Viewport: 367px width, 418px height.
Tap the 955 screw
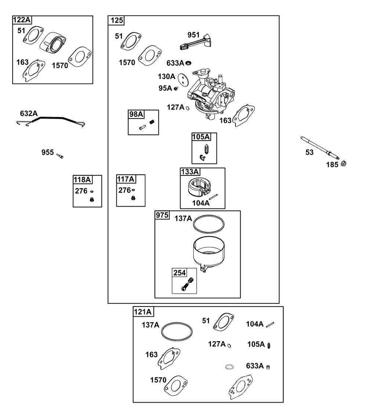point(60,156)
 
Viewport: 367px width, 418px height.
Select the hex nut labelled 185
point(343,164)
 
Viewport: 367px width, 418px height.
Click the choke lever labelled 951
point(195,43)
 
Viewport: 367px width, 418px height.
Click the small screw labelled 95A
point(176,88)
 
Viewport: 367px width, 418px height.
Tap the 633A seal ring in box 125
point(188,63)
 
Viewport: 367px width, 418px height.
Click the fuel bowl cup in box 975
point(209,253)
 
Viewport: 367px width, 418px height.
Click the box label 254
point(179,273)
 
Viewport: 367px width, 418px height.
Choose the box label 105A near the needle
point(201,137)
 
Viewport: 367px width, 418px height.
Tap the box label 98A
point(136,115)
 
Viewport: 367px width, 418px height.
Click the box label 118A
point(82,180)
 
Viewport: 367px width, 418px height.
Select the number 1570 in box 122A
point(60,66)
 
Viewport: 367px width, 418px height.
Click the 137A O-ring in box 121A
point(177,332)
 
